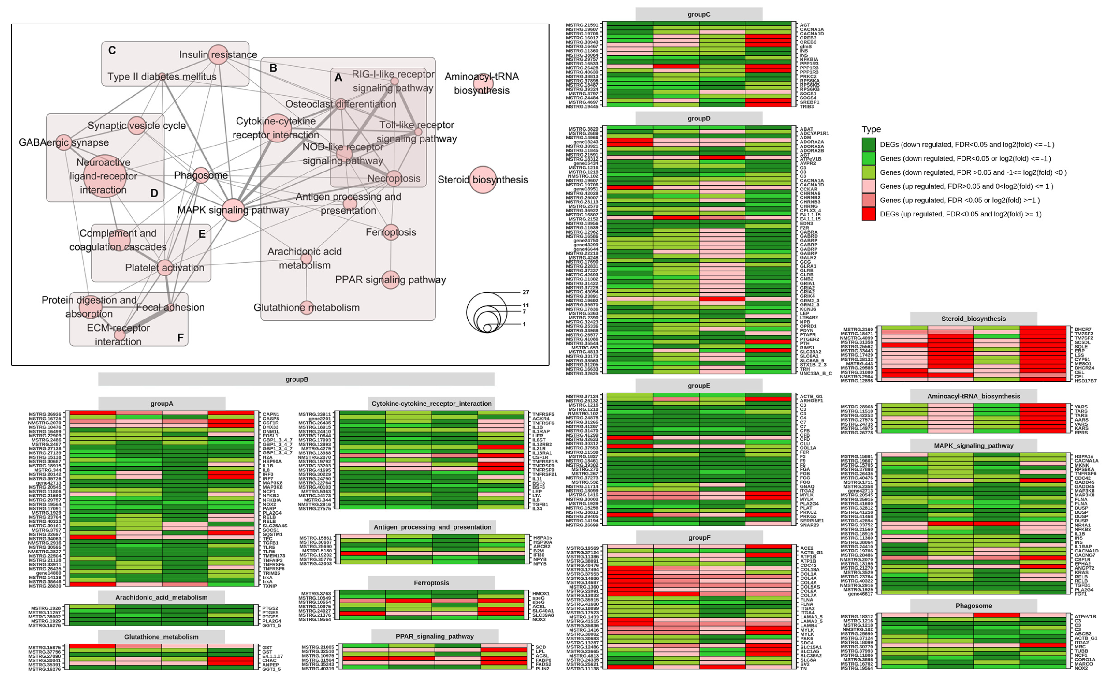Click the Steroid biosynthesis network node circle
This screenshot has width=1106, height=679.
coord(483,180)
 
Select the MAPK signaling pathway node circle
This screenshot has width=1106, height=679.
coord(233,210)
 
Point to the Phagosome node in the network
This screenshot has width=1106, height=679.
coord(201,175)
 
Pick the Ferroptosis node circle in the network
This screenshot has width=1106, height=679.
coord(391,232)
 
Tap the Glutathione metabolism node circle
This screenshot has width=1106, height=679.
coord(307,308)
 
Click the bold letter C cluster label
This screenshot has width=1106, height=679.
coord(112,50)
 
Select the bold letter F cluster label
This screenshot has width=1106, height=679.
coord(180,338)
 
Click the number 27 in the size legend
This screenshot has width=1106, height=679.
coord(525,292)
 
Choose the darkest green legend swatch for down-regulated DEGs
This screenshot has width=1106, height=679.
coord(868,145)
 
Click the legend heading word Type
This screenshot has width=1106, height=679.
coord(871,129)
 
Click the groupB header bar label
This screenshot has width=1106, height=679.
coord(297,379)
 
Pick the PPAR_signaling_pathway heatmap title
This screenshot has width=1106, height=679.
coord(434,636)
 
